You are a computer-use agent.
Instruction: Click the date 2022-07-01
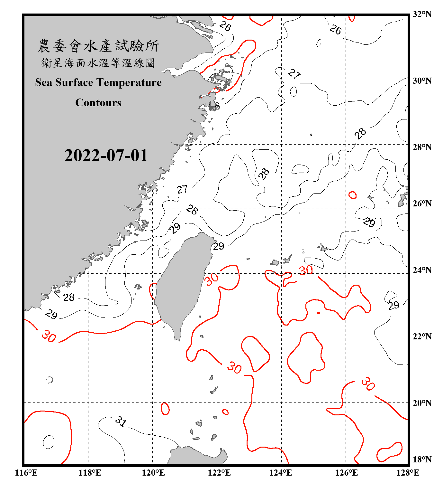click(x=106, y=156)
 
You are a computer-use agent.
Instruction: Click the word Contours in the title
click(x=98, y=103)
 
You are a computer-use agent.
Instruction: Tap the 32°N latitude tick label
click(x=422, y=14)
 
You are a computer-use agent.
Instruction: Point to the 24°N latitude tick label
click(x=422, y=270)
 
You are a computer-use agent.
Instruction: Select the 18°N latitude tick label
click(x=422, y=459)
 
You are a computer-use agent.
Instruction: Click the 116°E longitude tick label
click(x=26, y=473)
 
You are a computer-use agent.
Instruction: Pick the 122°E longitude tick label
click(x=219, y=473)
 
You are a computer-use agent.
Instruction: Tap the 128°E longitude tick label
click(x=408, y=473)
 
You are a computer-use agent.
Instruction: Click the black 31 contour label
click(x=121, y=421)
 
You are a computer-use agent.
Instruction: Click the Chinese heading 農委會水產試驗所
click(x=98, y=46)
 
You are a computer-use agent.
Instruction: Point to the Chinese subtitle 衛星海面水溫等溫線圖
click(x=98, y=63)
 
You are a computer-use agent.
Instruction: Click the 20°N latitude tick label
click(x=422, y=403)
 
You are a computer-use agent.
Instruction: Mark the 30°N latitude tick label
click(x=422, y=80)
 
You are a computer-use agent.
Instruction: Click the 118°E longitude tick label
click(x=90, y=473)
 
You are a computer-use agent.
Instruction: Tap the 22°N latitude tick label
click(x=422, y=336)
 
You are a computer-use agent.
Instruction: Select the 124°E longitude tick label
click(x=281, y=473)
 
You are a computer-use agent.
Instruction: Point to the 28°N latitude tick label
click(x=422, y=147)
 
